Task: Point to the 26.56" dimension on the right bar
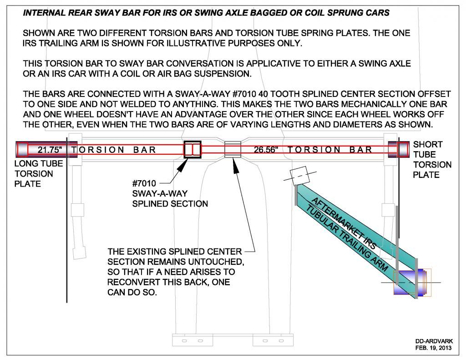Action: click(x=266, y=150)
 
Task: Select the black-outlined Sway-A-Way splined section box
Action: click(x=192, y=149)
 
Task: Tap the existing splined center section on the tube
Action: click(x=233, y=149)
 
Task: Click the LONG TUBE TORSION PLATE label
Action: click(x=39, y=173)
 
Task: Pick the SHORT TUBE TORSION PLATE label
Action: click(x=432, y=160)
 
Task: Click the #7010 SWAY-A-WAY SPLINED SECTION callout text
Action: click(x=170, y=193)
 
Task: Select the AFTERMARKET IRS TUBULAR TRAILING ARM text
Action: click(x=346, y=234)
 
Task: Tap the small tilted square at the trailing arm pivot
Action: click(x=299, y=176)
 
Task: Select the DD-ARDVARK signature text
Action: click(x=434, y=341)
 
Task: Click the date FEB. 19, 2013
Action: click(x=433, y=348)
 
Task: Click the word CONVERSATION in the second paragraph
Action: click(x=200, y=63)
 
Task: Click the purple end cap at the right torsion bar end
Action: click(x=399, y=149)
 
